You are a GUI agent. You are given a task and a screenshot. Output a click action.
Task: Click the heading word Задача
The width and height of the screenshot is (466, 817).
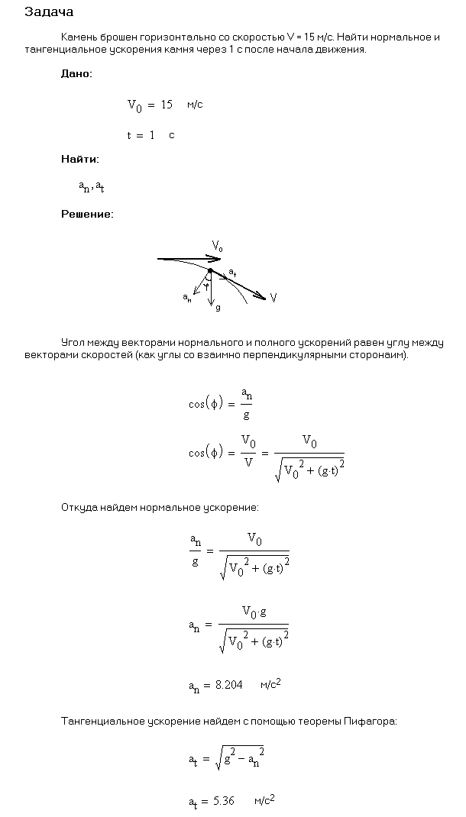[x=49, y=12]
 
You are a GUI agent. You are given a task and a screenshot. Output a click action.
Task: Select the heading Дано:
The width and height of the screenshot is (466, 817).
[x=77, y=74]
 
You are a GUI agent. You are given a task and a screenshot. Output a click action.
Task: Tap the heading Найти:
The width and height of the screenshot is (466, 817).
[x=79, y=160]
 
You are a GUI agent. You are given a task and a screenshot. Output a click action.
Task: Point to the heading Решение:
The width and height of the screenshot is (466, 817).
[x=87, y=215]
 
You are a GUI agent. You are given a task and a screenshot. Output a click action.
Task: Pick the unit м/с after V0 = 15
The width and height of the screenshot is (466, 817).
[x=195, y=105]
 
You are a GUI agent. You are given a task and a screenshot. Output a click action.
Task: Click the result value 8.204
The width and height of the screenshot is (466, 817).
[x=228, y=686]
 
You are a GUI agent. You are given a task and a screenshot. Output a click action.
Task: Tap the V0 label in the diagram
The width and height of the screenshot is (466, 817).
[x=218, y=246]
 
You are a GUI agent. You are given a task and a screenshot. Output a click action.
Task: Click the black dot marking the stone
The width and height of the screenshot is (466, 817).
[x=211, y=270]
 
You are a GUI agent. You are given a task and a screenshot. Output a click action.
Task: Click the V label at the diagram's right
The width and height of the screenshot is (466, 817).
[x=273, y=298]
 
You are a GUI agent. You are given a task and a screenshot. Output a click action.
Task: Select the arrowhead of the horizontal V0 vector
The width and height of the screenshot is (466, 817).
[x=215, y=260]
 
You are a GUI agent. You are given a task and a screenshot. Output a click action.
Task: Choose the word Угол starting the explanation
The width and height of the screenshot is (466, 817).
[x=73, y=344]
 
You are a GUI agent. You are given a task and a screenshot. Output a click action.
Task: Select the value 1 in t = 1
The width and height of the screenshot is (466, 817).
[x=152, y=135]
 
